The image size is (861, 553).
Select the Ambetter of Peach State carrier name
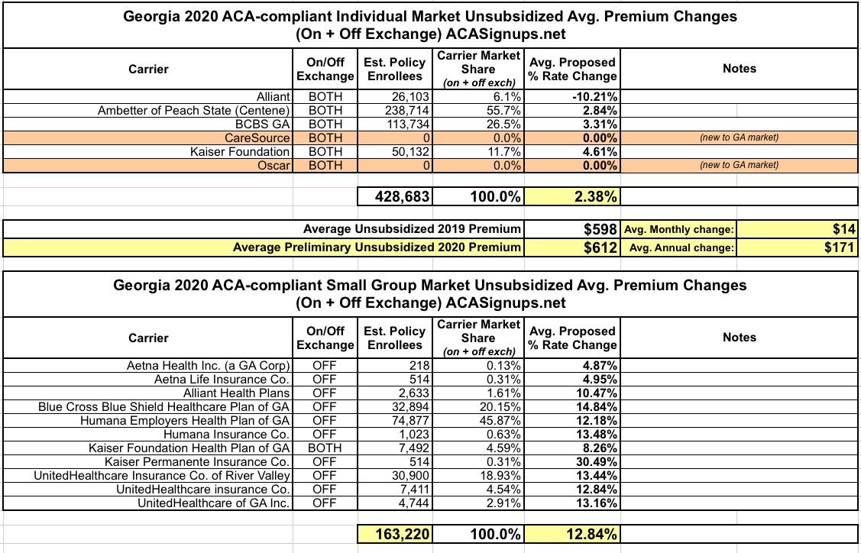click(x=194, y=111)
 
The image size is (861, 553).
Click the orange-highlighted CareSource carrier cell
click(x=257, y=138)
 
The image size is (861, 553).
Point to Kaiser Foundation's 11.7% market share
click(x=504, y=152)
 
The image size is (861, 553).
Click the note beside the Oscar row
click(x=739, y=165)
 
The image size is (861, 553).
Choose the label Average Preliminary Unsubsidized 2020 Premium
click(x=377, y=247)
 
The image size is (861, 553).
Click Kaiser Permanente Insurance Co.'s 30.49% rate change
click(x=596, y=461)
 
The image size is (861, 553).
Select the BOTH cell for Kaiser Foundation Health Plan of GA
click(x=325, y=448)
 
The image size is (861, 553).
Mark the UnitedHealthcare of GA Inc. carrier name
click(x=213, y=503)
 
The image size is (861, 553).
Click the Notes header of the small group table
click(x=739, y=338)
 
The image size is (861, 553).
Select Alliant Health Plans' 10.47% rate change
click(x=596, y=393)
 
